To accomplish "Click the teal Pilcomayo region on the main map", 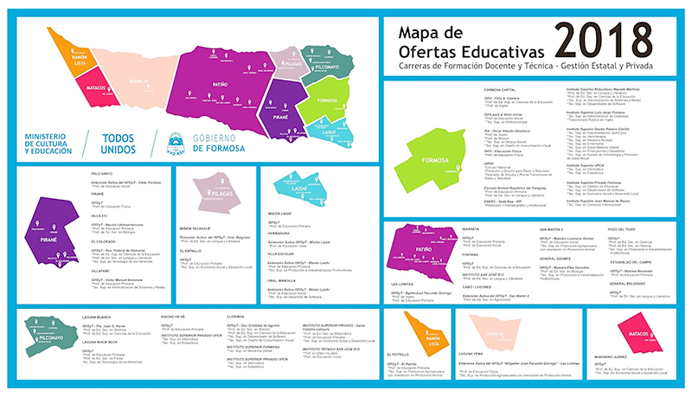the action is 322,63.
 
